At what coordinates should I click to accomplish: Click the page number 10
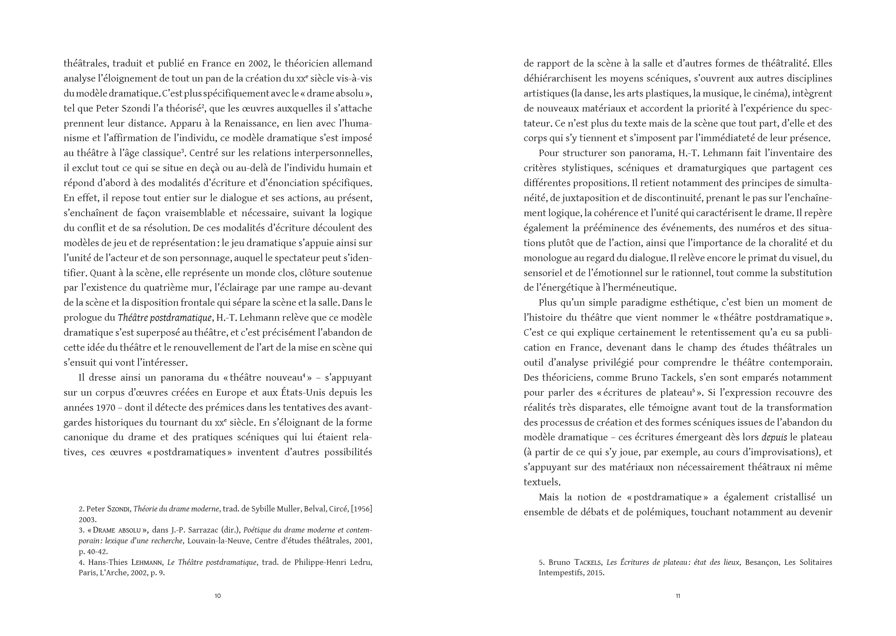pyautogui.click(x=218, y=596)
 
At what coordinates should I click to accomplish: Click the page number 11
pyautogui.click(x=678, y=596)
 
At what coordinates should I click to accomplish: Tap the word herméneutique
pyautogui.click(x=646, y=288)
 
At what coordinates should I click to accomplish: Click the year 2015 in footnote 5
pyautogui.click(x=595, y=573)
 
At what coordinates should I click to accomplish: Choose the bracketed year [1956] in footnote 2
pyautogui.click(x=361, y=509)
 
